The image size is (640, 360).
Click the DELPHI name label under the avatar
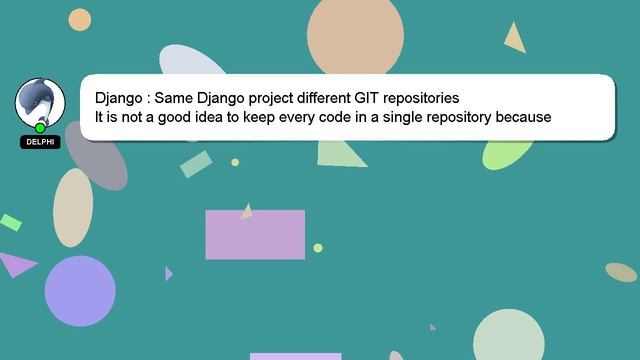(40, 142)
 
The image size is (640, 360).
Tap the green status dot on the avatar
(40, 128)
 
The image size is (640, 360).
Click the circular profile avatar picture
(40, 102)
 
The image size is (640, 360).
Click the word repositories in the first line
(420, 98)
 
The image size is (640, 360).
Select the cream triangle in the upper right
(515, 39)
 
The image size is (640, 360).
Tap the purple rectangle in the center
(255, 234)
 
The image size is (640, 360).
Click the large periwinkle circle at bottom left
(80, 291)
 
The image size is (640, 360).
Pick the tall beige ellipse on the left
(73, 207)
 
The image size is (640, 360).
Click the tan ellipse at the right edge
(621, 272)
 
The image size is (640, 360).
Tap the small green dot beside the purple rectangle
(318, 248)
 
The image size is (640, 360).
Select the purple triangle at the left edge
(14, 264)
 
